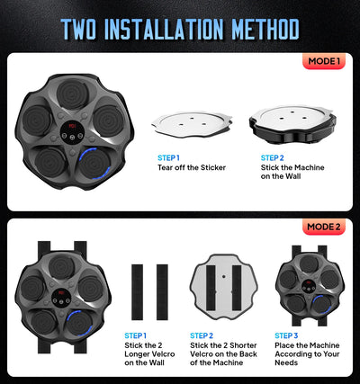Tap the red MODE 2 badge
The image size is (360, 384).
click(322, 227)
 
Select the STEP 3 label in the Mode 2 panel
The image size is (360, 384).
click(287, 335)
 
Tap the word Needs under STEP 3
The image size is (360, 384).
click(287, 366)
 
